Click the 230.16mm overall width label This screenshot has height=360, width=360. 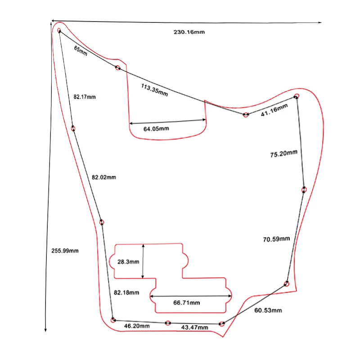(189, 32)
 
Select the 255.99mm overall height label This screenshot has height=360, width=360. (65, 251)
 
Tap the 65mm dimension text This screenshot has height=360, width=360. (81, 50)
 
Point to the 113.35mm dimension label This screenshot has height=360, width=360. (154, 90)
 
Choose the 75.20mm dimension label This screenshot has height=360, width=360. (283, 154)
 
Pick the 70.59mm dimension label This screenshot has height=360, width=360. (276, 239)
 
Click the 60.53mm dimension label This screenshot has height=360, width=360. (268, 310)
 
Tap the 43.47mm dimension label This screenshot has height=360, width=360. (194, 327)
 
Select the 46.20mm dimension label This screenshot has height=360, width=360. (137, 325)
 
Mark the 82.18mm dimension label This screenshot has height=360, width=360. (126, 292)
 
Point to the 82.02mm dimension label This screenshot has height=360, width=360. (103, 177)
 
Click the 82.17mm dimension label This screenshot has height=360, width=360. (85, 97)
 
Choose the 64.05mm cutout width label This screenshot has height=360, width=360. (156, 129)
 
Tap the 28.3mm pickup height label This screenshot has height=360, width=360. (128, 261)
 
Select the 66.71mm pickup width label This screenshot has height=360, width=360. (186, 303)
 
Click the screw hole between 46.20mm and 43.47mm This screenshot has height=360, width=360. (168, 323)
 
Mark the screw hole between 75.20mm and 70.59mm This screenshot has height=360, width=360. (304, 189)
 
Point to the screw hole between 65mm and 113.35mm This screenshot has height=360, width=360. (117, 68)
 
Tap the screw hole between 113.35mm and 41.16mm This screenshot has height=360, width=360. (246, 115)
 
